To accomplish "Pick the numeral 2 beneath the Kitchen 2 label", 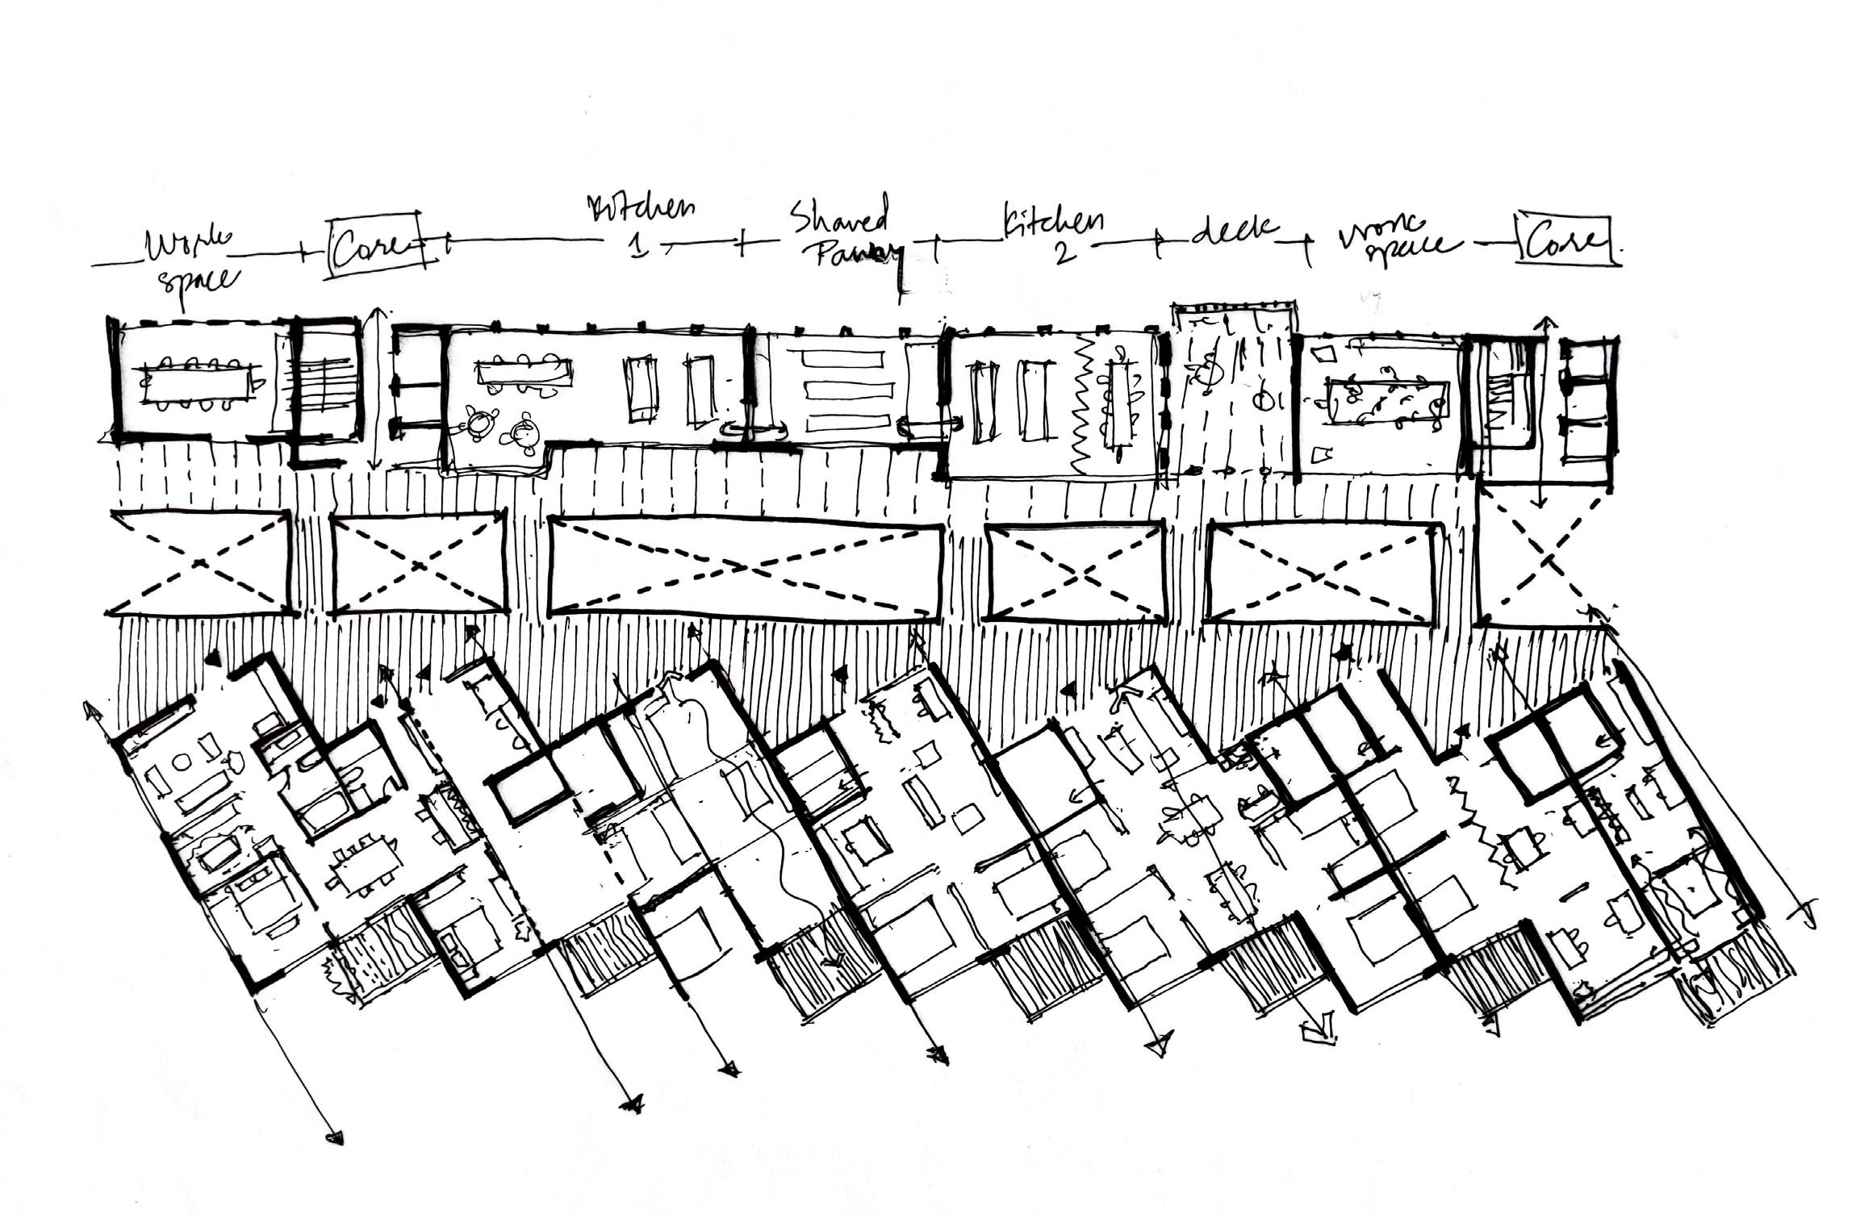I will point(1063,252).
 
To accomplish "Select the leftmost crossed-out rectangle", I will point(199,562).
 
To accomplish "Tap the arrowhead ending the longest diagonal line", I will point(333,1138).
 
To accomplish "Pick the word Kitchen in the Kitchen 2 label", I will point(1054,223).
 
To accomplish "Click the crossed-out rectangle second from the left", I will point(418,562).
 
